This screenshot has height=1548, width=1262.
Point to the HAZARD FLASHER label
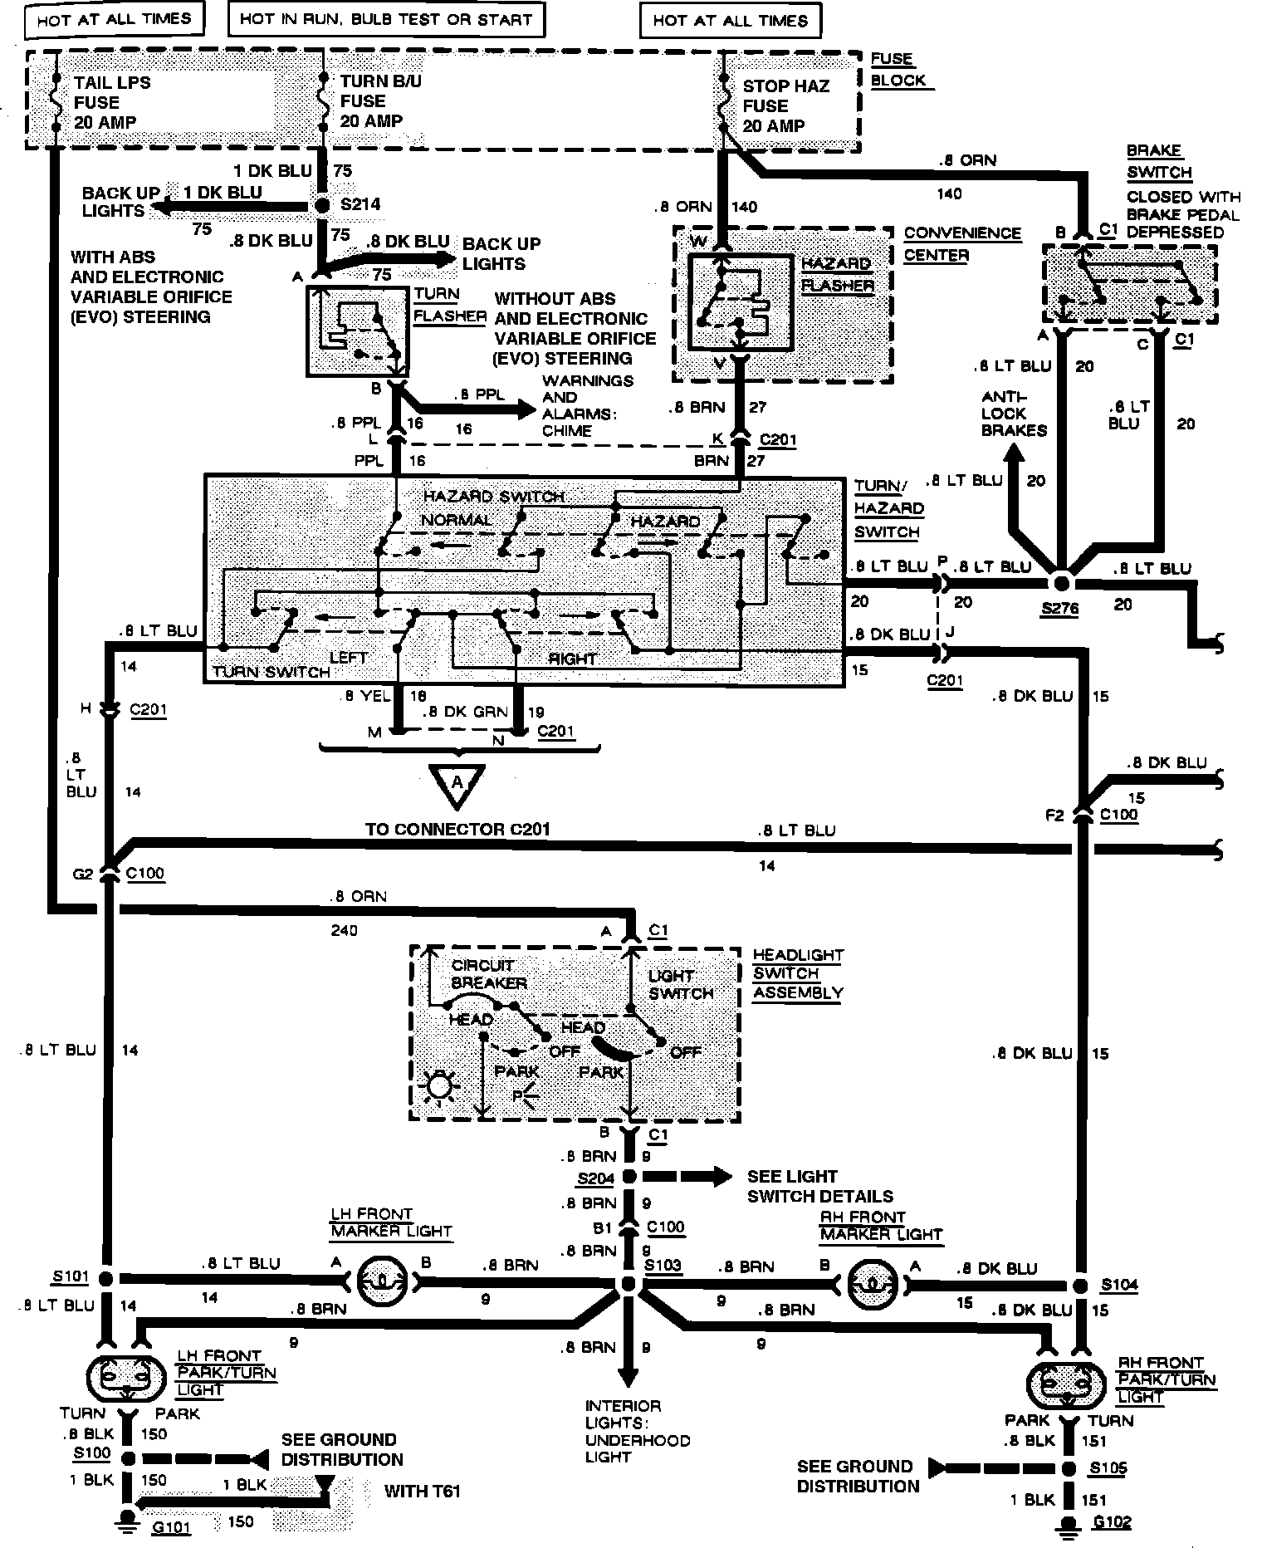[837, 275]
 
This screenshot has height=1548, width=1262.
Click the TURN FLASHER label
[448, 305]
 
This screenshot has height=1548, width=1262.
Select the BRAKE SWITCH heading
[1159, 161]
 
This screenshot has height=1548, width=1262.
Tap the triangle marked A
[457, 786]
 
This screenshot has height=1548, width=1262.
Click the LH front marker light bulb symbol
[381, 1282]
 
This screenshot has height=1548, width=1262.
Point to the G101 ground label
[171, 1526]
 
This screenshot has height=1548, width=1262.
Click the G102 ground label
[1112, 1522]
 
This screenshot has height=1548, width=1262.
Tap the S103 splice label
[663, 1265]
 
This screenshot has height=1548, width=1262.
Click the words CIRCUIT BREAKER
[488, 973]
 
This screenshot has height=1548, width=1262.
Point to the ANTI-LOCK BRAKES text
[1013, 414]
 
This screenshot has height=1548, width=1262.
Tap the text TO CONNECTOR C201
[457, 829]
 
